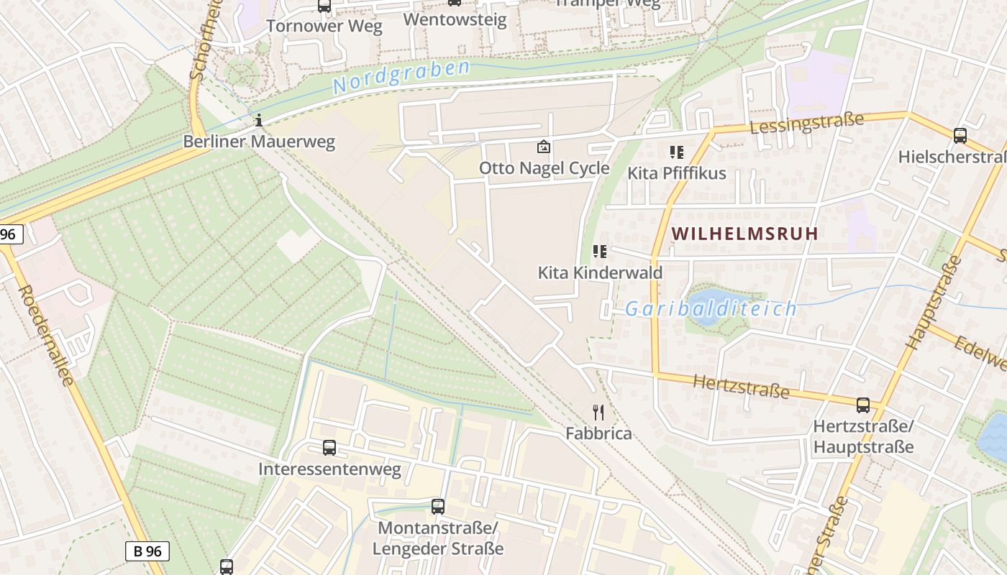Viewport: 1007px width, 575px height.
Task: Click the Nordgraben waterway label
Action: pos(401,76)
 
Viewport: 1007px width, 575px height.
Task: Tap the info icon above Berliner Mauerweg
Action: pos(259,119)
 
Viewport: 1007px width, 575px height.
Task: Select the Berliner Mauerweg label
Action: pos(259,141)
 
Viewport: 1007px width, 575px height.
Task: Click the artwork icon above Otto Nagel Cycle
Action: pos(544,147)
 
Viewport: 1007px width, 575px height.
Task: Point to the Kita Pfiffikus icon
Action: pos(676,152)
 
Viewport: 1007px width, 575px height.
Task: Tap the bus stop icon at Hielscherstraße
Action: pos(960,135)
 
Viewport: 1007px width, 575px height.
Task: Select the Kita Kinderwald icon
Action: pos(599,252)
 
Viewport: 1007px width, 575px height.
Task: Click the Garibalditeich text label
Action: pos(711,309)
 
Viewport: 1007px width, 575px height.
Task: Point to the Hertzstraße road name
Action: pos(741,387)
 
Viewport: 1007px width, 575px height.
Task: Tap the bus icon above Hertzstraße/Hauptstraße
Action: pos(862,405)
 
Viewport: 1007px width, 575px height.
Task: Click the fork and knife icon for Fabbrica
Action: pos(598,412)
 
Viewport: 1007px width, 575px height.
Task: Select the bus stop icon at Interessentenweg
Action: pos(329,448)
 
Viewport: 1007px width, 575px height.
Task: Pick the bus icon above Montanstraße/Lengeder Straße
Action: pos(437,506)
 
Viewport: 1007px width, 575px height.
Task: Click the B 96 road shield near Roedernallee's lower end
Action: pos(147,551)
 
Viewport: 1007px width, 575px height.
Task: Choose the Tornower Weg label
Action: pos(324,26)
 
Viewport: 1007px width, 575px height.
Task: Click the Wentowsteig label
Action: pos(455,19)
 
